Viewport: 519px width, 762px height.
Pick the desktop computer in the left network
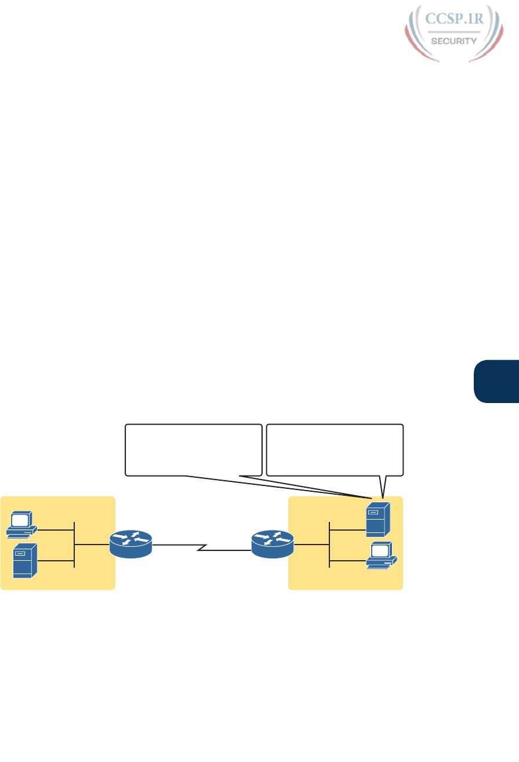click(x=21, y=523)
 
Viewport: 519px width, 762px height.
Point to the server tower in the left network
click(x=26, y=560)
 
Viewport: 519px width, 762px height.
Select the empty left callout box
click(x=194, y=450)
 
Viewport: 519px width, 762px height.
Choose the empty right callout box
click(x=334, y=450)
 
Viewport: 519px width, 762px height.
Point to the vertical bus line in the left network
click(x=75, y=545)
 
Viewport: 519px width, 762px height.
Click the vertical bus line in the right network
click(x=329, y=545)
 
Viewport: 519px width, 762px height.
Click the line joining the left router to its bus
click(x=92, y=545)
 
